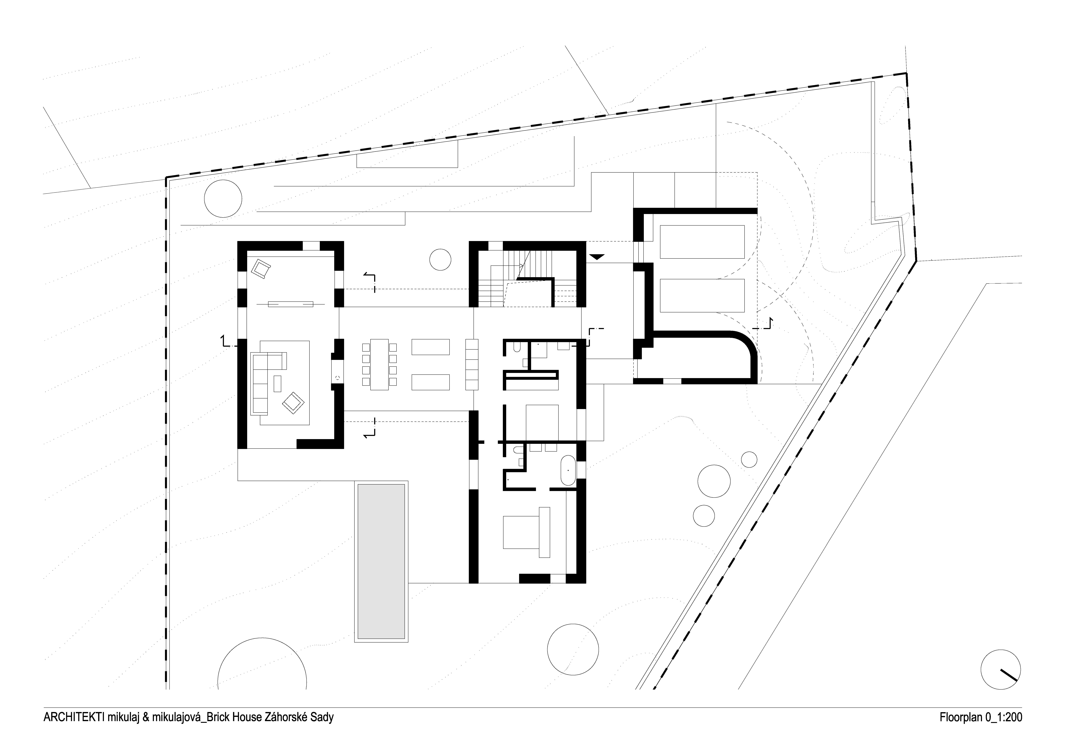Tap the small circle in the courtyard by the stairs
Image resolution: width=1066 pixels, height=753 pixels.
click(440, 259)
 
